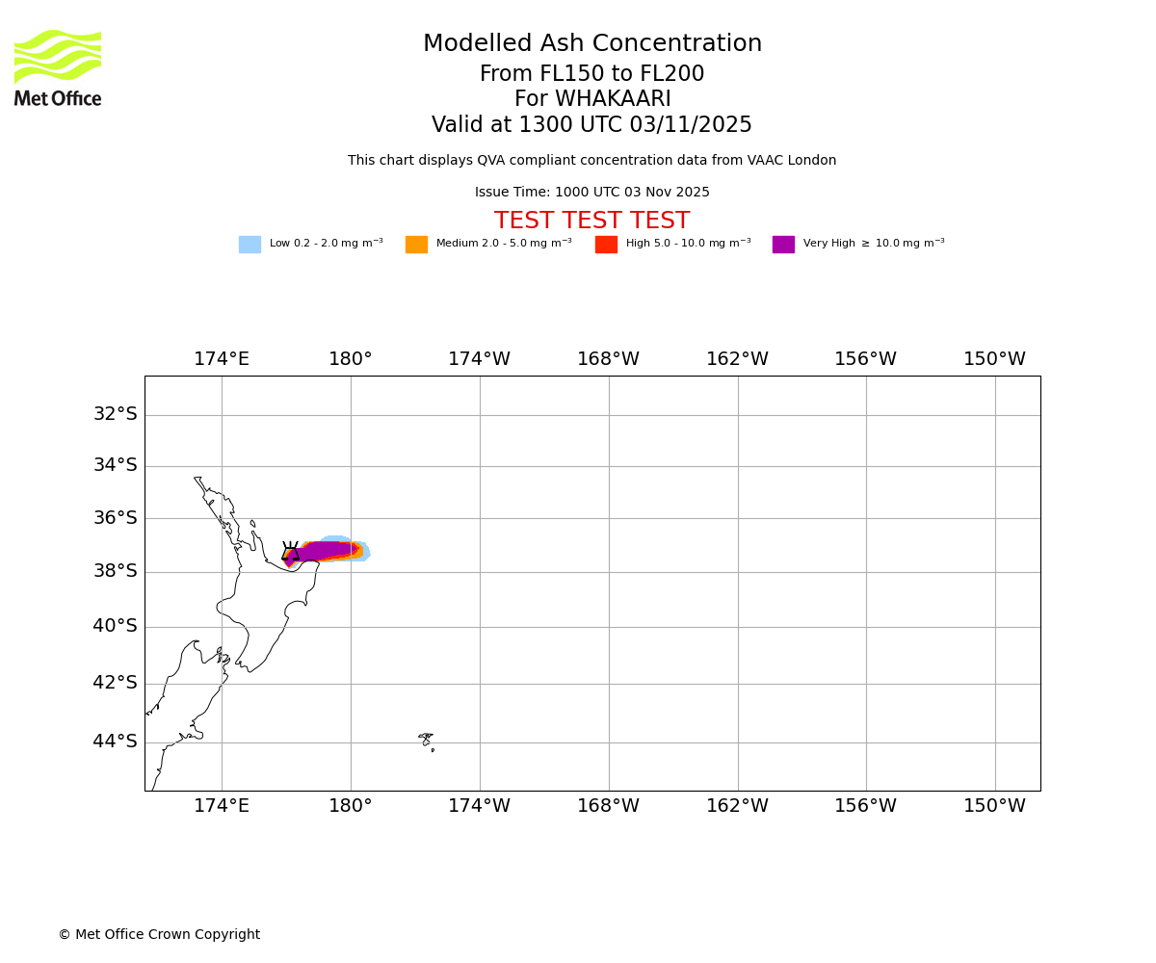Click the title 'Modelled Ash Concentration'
click(x=592, y=44)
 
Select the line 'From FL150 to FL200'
click(x=592, y=74)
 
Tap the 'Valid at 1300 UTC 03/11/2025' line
click(x=592, y=125)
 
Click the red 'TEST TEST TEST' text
click(x=592, y=221)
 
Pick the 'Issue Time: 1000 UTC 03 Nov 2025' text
click(x=592, y=193)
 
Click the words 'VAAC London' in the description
click(x=796, y=161)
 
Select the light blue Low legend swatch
click(x=250, y=245)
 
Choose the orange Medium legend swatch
click(x=416, y=245)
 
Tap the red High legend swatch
click(x=606, y=245)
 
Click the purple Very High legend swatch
click(x=783, y=245)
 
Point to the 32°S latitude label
click(x=115, y=414)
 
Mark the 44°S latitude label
click(x=115, y=742)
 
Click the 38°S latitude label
click(x=115, y=571)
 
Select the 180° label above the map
click(x=351, y=359)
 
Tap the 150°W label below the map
click(x=995, y=806)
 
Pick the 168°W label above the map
click(x=609, y=359)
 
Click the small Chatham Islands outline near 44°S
click(x=426, y=740)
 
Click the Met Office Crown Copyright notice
click(x=159, y=935)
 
